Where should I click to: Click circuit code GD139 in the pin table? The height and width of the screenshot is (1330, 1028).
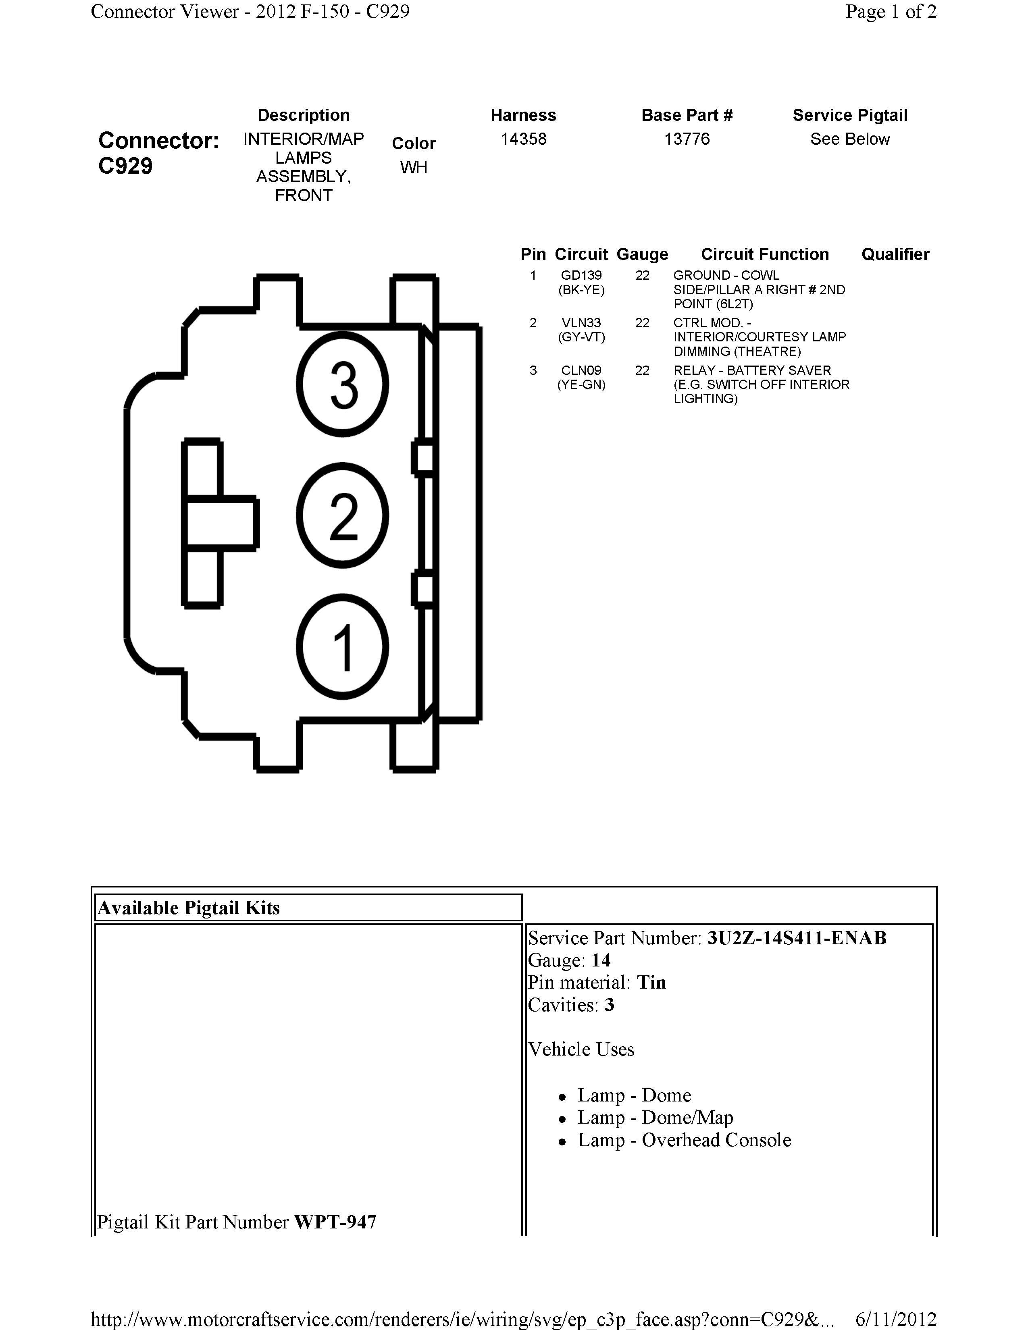(x=581, y=275)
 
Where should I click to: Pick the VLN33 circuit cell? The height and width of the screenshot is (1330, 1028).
(x=581, y=323)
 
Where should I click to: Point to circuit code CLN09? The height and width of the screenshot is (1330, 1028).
(x=581, y=370)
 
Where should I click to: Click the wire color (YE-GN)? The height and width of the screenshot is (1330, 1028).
(x=581, y=385)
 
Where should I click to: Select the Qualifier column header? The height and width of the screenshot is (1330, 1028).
(x=895, y=254)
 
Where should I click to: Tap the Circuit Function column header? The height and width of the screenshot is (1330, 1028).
(x=764, y=254)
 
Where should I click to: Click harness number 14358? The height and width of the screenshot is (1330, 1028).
(x=523, y=139)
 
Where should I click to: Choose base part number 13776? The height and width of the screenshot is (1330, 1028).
(x=687, y=139)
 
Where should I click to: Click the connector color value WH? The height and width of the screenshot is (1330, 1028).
(x=414, y=167)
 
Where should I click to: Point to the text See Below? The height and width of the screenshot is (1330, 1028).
(x=849, y=139)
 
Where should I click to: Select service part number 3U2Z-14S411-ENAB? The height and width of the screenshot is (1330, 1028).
(x=796, y=938)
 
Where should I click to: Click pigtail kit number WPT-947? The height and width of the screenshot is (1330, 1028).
(x=335, y=1222)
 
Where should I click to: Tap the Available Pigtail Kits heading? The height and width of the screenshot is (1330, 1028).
(x=189, y=908)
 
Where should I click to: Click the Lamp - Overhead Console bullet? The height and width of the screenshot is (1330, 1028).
(x=684, y=1140)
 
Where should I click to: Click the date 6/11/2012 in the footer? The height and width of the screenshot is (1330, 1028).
(x=895, y=1319)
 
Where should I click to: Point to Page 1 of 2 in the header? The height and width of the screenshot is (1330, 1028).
(x=891, y=12)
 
